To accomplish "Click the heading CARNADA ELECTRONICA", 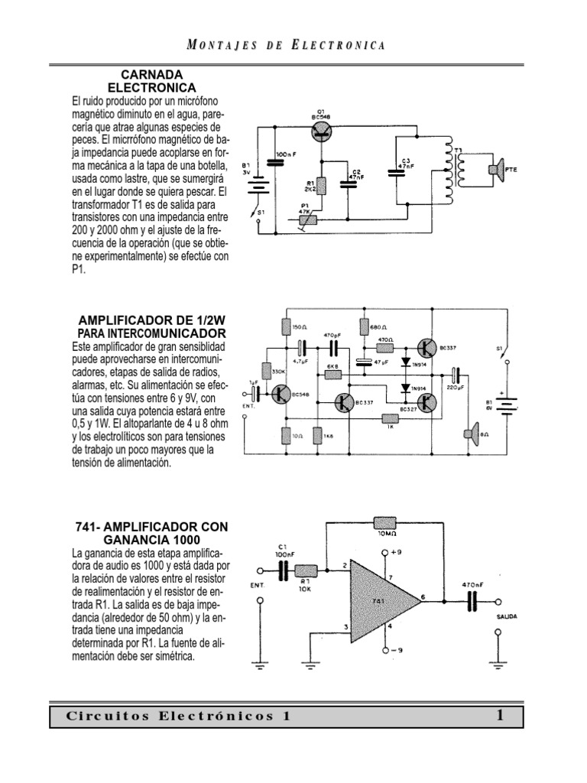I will (x=153, y=81).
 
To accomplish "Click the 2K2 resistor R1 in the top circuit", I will (x=322, y=184).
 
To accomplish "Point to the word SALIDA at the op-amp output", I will (x=507, y=615).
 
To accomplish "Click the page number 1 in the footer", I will (x=499, y=716).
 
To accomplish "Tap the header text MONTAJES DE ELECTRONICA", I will (x=285, y=45).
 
